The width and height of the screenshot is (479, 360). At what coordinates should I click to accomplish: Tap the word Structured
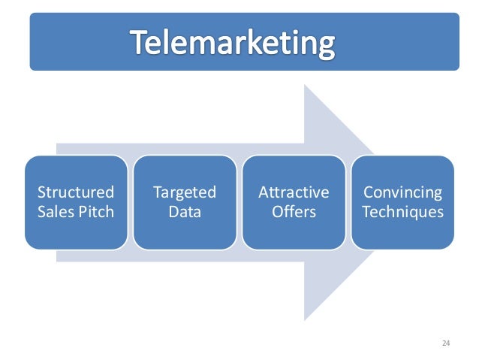pyautogui.click(x=76, y=192)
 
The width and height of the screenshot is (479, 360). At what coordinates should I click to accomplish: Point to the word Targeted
pyautogui.click(x=185, y=192)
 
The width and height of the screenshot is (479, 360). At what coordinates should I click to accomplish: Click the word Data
pyautogui.click(x=185, y=212)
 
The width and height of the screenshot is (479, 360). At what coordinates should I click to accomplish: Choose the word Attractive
pyautogui.click(x=294, y=192)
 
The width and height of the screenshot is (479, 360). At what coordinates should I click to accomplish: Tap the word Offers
pyautogui.click(x=294, y=212)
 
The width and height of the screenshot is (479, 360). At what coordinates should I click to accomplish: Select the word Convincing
pyautogui.click(x=402, y=192)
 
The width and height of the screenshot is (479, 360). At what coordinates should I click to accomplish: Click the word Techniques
pyautogui.click(x=402, y=212)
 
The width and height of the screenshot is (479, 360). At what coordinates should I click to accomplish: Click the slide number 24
pyautogui.click(x=446, y=343)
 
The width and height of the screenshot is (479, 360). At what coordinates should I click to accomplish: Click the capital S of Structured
pyautogui.click(x=42, y=192)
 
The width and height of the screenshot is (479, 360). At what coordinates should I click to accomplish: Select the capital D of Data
pyautogui.click(x=173, y=212)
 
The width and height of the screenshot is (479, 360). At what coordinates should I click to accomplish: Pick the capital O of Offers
pyautogui.click(x=276, y=212)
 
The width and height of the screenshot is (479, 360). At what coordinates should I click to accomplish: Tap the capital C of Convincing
pyautogui.click(x=367, y=192)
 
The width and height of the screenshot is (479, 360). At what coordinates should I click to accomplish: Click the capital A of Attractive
pyautogui.click(x=263, y=192)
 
